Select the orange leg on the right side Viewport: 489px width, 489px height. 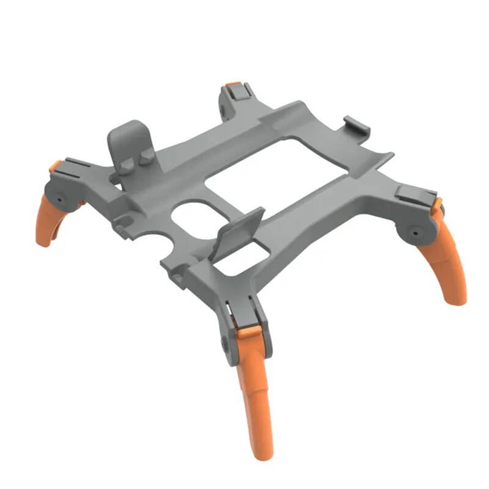(x=449, y=263)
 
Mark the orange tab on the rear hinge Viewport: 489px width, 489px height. (x=233, y=85)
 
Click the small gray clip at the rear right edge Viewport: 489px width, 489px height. (x=357, y=125)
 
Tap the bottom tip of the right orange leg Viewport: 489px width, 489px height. (x=458, y=300)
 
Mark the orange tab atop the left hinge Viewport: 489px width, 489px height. (x=55, y=165)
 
